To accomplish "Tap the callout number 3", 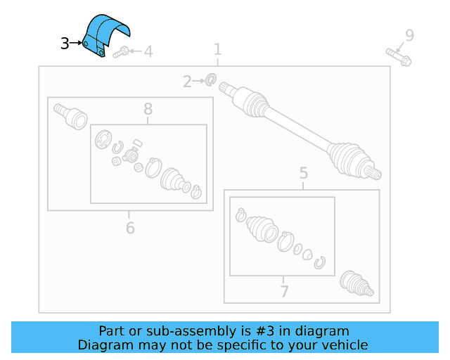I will (65, 44).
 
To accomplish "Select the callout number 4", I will (148, 51).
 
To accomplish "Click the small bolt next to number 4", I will (122, 51).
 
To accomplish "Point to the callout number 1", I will (217, 49).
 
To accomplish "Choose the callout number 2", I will (187, 82).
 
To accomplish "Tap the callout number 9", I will (409, 35).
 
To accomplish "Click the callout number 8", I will (148, 109).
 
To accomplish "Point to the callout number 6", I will (130, 227).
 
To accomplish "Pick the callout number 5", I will (303, 173).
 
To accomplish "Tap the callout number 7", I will (283, 290).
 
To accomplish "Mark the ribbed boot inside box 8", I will (173, 179).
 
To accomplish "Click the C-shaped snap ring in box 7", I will (320, 262).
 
